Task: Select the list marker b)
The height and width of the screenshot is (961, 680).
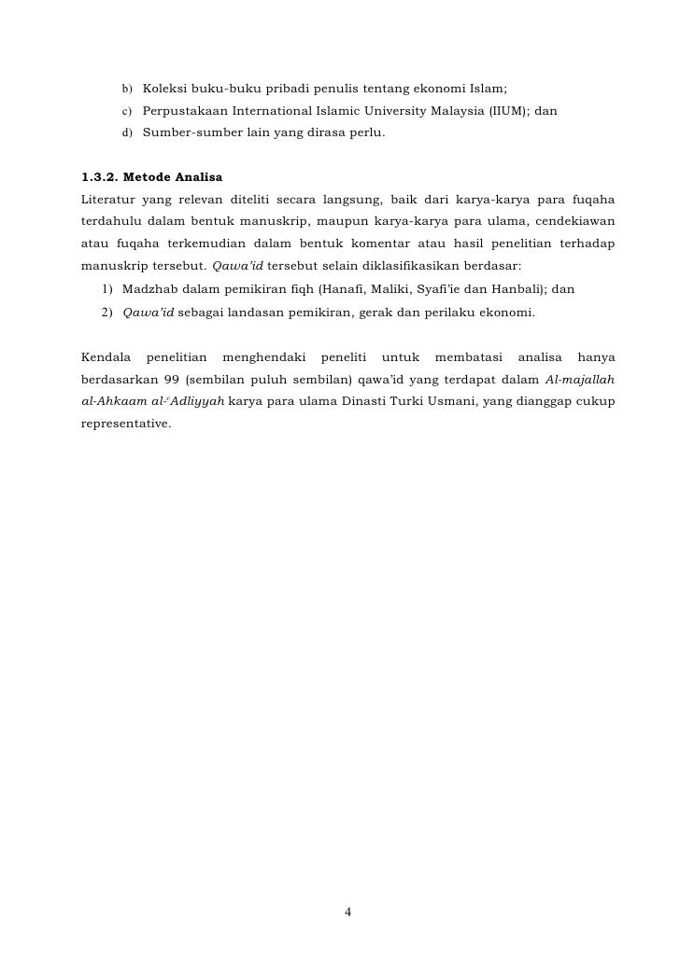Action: (127, 89)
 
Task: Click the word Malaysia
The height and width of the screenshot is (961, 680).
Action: (450, 111)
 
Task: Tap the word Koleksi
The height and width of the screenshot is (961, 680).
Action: (166, 89)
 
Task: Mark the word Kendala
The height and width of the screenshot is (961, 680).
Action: (106, 357)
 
